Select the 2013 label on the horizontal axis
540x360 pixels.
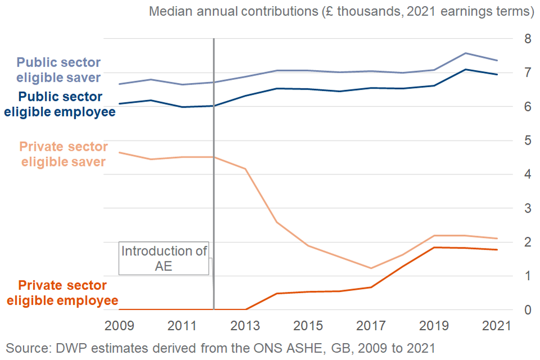[246, 326]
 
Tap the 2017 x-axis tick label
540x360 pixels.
[372, 326]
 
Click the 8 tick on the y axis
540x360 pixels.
[528, 39]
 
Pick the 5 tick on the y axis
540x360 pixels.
[528, 141]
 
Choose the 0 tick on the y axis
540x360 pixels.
[528, 310]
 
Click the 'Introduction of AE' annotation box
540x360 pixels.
[164, 259]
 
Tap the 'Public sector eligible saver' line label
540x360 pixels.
[58, 70]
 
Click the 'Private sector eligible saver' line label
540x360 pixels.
[64, 154]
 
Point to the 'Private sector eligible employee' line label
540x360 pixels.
[62, 293]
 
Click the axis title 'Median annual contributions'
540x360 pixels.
[341, 12]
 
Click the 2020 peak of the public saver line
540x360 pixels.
[465, 53]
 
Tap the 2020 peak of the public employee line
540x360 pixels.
[465, 70]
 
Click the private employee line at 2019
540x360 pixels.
[434, 247]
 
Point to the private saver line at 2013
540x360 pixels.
[246, 169]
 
